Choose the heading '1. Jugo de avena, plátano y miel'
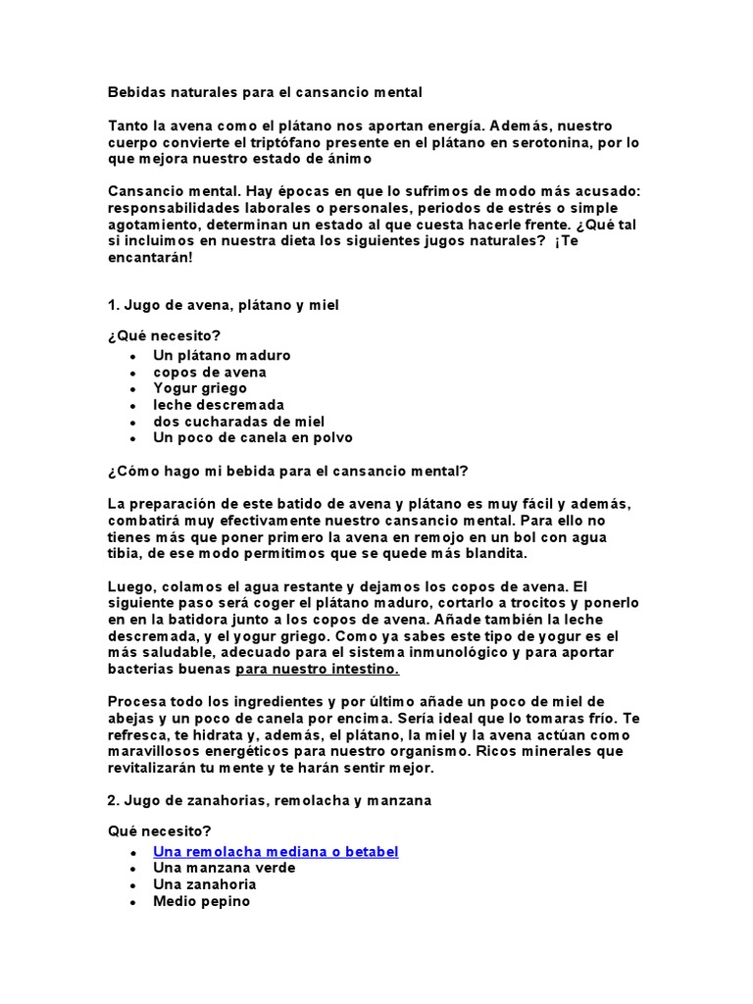click(223, 306)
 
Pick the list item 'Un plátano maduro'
click(222, 355)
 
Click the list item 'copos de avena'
click(210, 372)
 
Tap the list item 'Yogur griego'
click(200, 388)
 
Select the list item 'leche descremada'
click(219, 405)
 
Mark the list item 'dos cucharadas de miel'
click(239, 422)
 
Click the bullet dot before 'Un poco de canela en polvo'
click(131, 438)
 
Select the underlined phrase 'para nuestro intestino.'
click(317, 669)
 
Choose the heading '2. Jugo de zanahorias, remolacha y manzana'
click(270, 800)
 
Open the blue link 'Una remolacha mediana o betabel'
click(276, 851)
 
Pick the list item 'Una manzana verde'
click(224, 868)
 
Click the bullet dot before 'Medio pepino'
click(131, 901)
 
